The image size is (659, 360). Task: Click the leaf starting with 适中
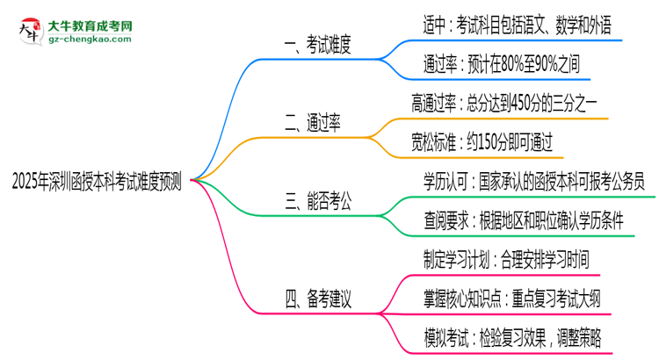click(x=517, y=26)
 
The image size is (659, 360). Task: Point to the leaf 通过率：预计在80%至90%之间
click(x=501, y=64)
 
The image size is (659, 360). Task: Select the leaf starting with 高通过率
click(x=505, y=103)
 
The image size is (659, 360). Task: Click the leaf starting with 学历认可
click(x=533, y=182)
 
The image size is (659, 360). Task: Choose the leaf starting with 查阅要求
click(x=524, y=221)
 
